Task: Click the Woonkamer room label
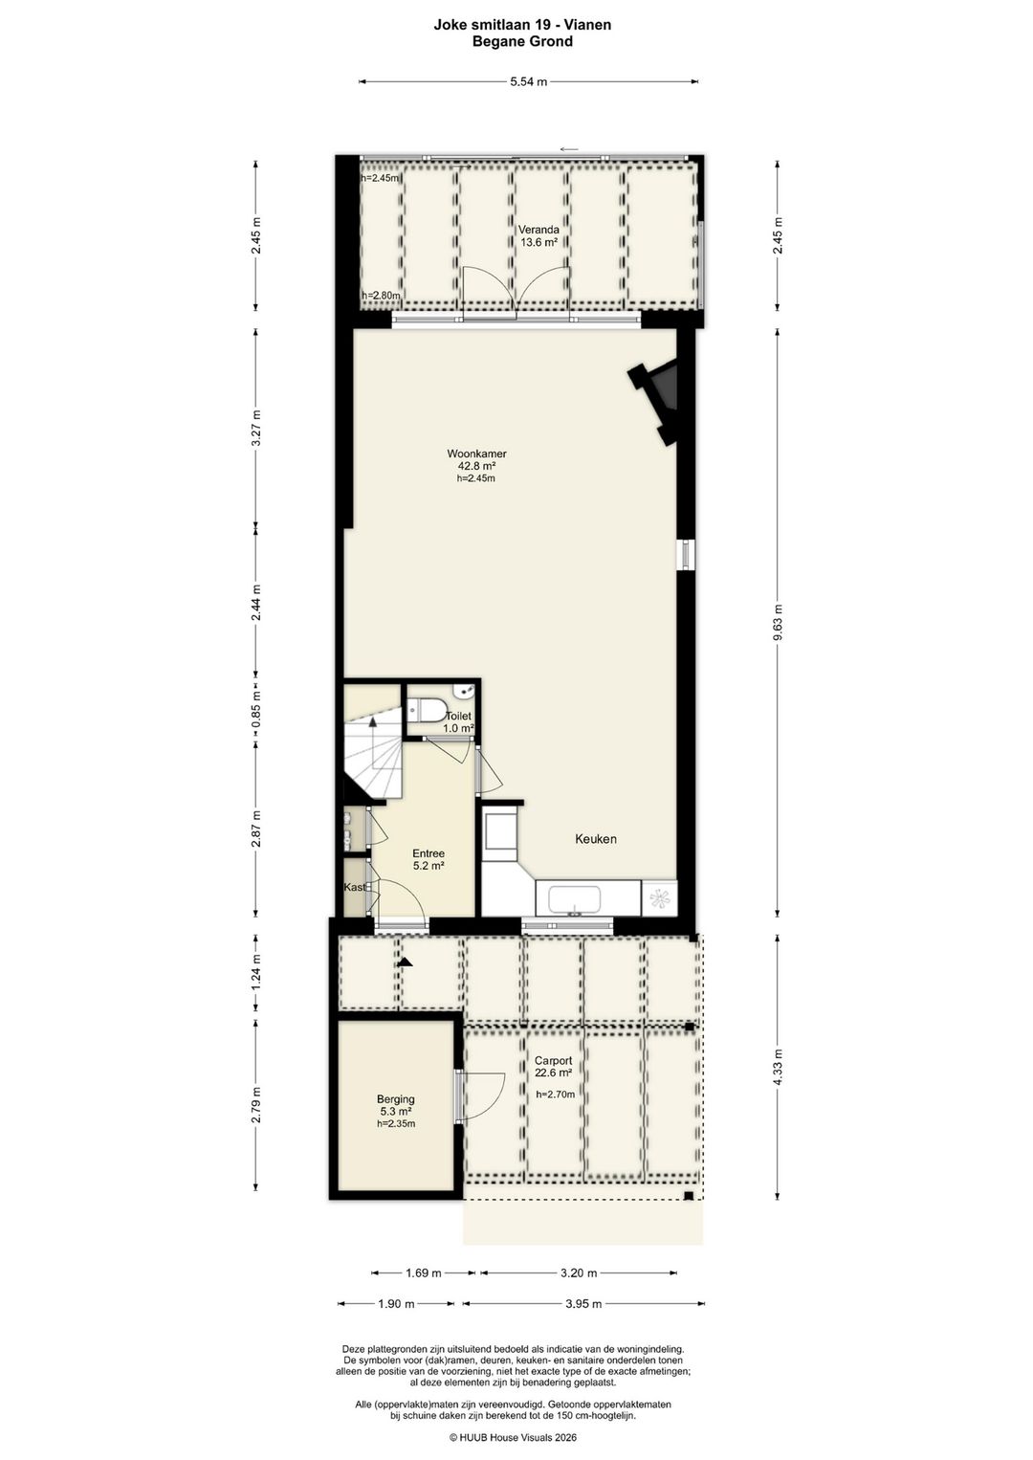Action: (x=476, y=453)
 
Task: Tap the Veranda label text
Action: (x=538, y=230)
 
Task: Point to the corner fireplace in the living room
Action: (x=655, y=404)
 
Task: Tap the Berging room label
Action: (x=396, y=1099)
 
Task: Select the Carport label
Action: (x=553, y=1060)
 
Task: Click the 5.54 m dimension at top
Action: (x=529, y=81)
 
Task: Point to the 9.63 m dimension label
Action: (x=777, y=623)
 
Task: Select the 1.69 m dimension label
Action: (x=424, y=1272)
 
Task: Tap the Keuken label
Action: (x=596, y=839)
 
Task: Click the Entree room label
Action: (x=429, y=853)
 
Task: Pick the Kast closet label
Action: (x=355, y=887)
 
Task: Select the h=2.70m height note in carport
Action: (x=556, y=1095)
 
